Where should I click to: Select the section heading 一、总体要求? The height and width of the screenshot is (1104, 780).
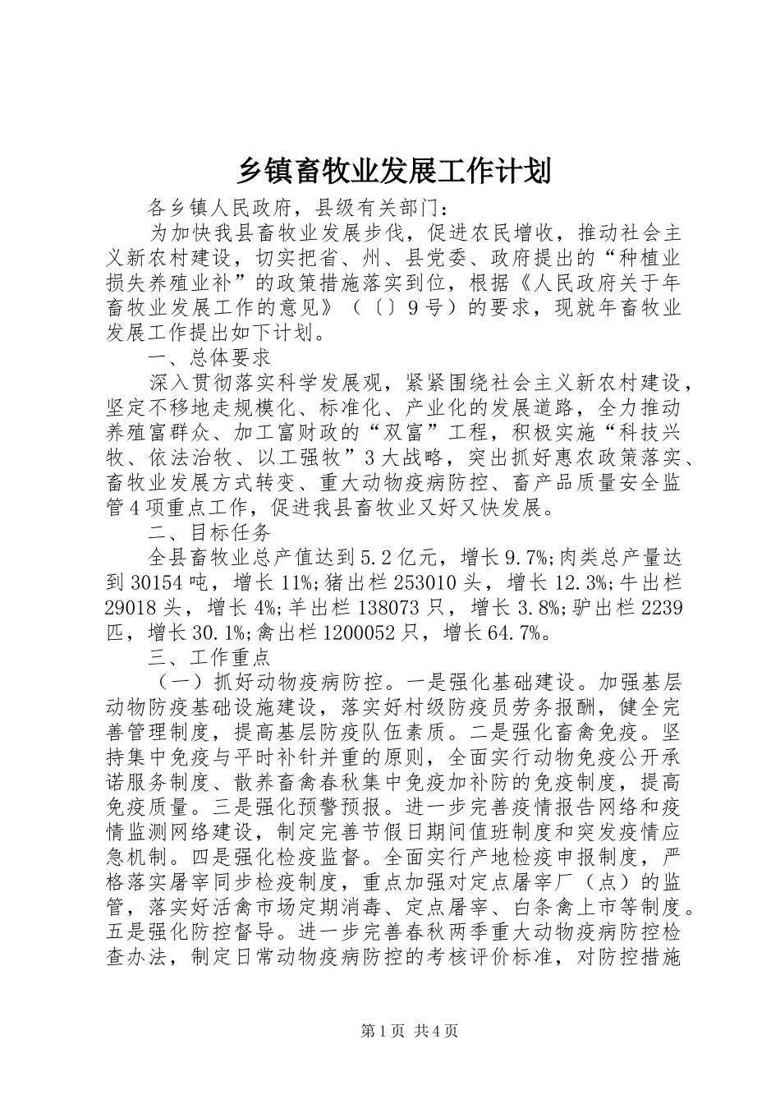coord(209,357)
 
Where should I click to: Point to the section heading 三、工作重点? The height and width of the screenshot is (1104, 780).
coord(209,658)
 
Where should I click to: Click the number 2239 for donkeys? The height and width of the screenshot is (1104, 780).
coord(661,608)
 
